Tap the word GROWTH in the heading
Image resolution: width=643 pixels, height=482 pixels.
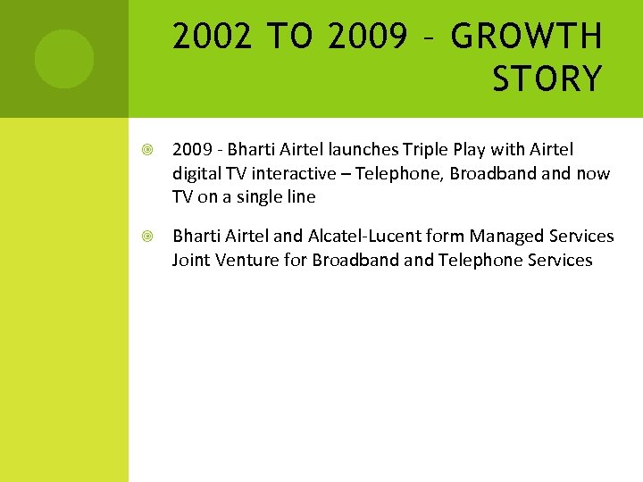(x=527, y=37)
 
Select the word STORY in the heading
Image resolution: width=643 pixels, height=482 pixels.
(x=547, y=79)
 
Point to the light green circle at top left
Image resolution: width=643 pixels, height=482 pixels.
(x=63, y=59)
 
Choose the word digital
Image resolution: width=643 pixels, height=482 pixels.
(x=196, y=173)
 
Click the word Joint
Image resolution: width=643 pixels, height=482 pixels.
(x=191, y=261)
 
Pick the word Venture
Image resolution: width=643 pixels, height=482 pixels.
(x=248, y=261)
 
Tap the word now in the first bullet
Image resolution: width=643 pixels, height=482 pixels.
(x=593, y=173)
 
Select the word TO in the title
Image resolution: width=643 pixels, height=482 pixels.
(x=288, y=37)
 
